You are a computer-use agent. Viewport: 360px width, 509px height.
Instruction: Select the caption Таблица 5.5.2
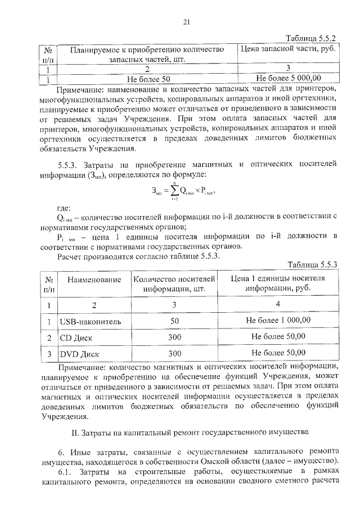pos(310,39)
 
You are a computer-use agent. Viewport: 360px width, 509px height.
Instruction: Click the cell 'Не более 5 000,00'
pos(288,79)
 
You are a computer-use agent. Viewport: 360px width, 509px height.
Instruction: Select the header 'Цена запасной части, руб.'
pos(287,49)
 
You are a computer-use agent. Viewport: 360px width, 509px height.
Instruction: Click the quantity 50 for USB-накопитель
pos(174,320)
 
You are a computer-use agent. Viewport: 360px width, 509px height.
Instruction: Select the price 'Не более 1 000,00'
pos(278,320)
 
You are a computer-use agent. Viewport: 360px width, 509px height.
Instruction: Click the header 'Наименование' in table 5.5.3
pos(94,279)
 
